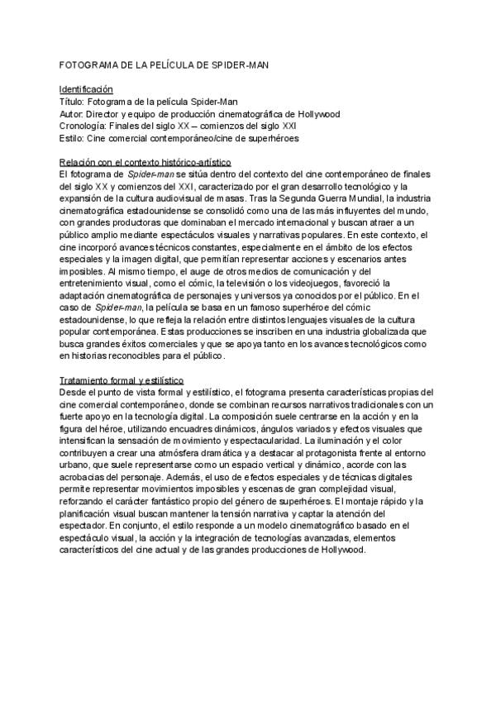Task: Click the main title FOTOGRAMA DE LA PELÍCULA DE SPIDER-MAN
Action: pyautogui.click(x=165, y=64)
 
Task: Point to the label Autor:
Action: pyautogui.click(x=74, y=114)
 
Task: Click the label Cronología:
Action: pyautogui.click(x=85, y=126)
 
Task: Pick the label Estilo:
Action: pyautogui.click(x=73, y=139)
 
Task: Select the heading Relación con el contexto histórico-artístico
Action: pyautogui.click(x=145, y=164)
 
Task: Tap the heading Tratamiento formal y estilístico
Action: pyautogui.click(x=122, y=379)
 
